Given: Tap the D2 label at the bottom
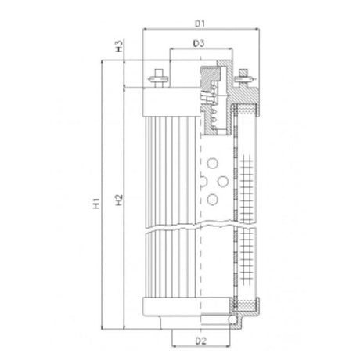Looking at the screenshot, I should pyautogui.click(x=200, y=342).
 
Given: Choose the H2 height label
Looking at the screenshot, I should pyautogui.click(x=118, y=200).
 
